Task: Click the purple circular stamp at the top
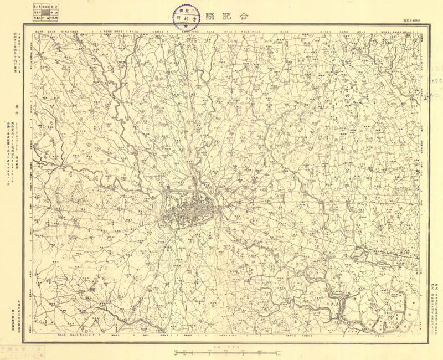tap(186, 17)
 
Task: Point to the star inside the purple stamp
tap(186, 27)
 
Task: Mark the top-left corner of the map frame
tap(24, 24)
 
